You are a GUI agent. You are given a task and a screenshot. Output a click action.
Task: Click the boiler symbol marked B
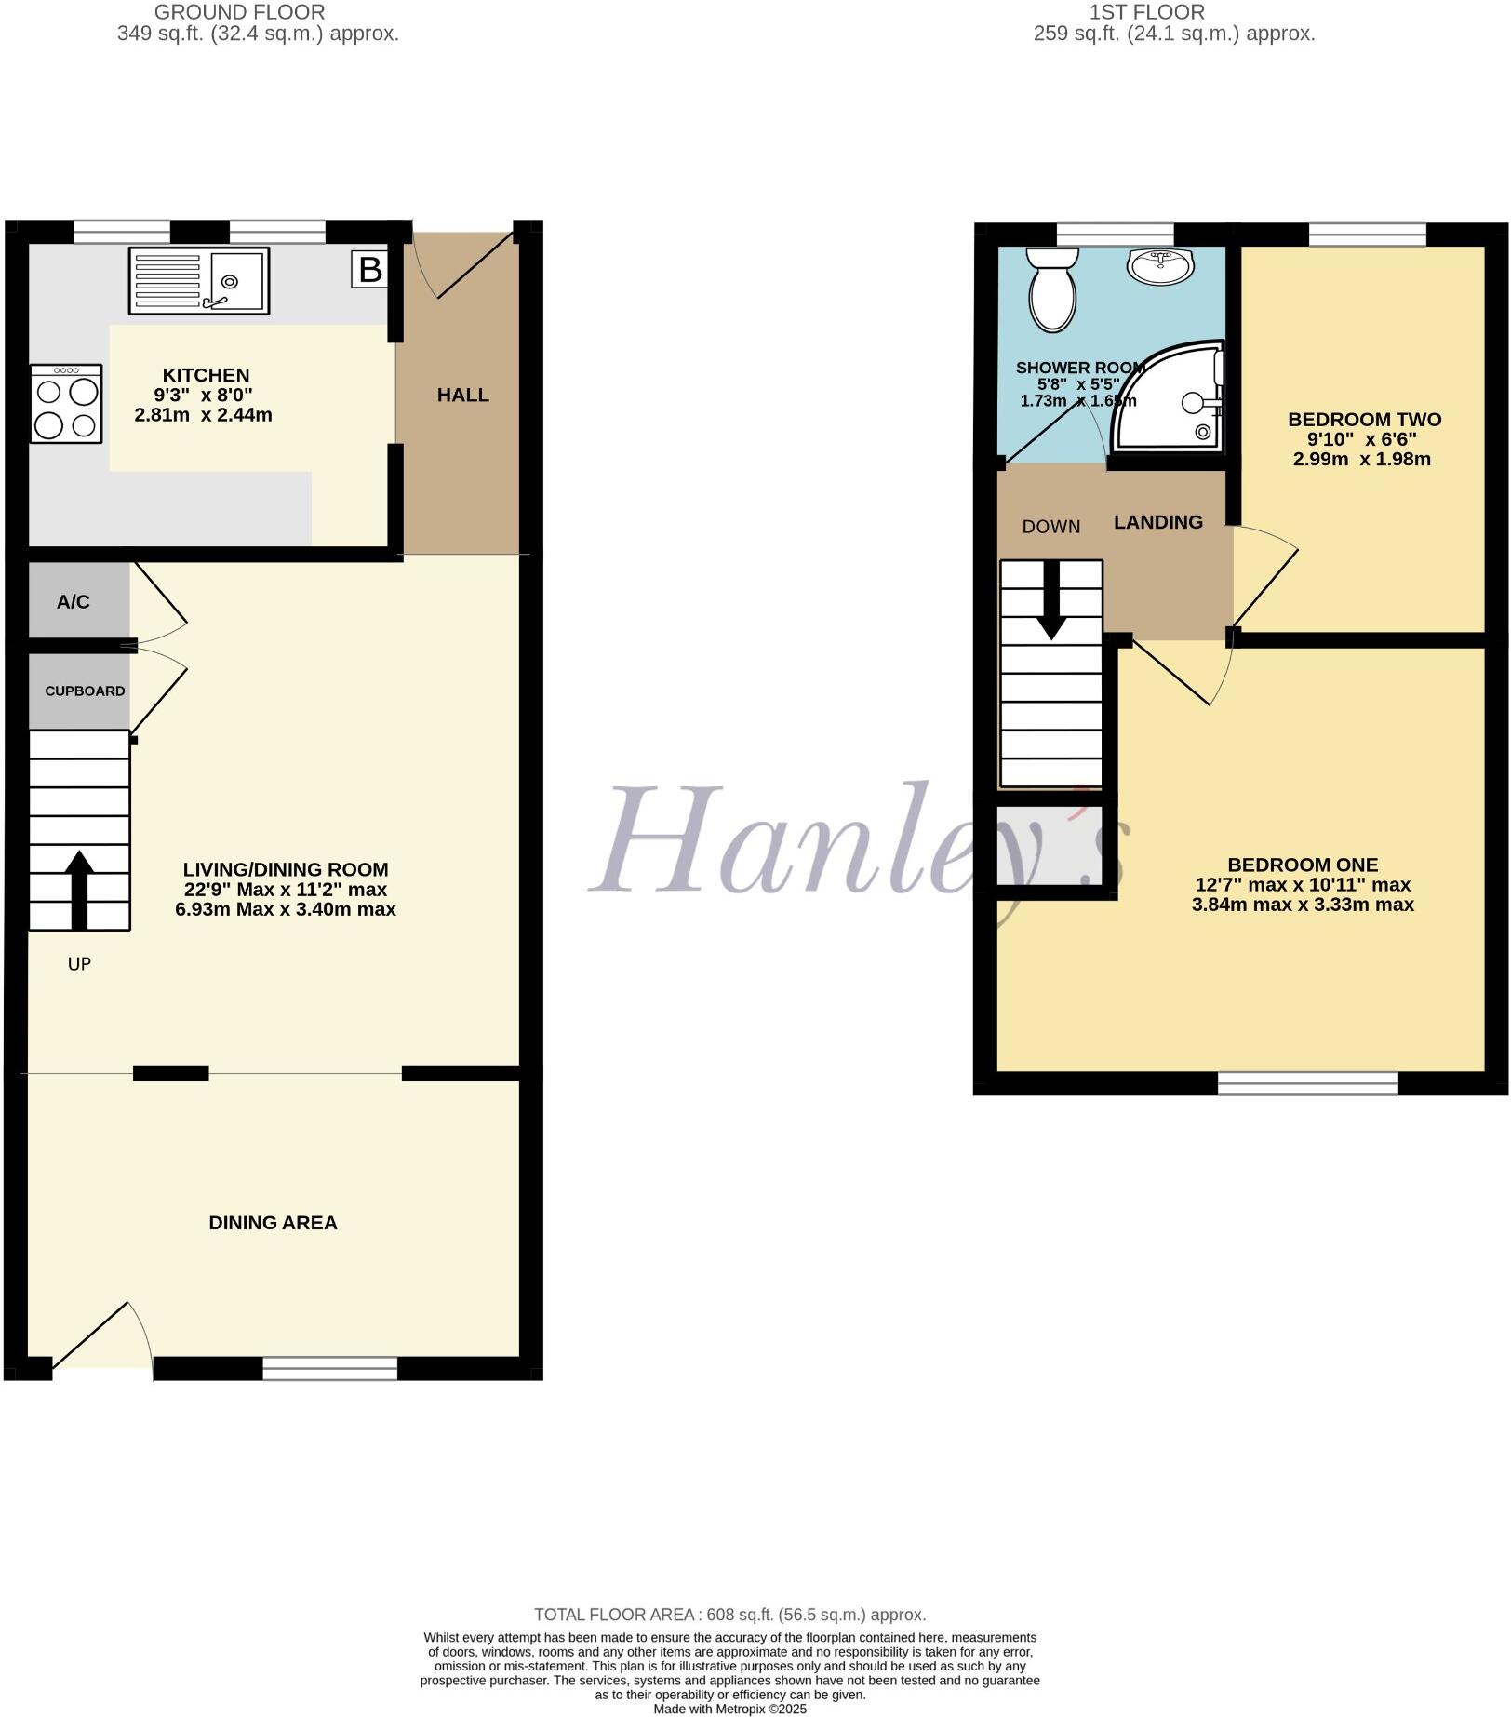pos(369,270)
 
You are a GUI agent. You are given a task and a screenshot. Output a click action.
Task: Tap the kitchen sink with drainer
pos(199,280)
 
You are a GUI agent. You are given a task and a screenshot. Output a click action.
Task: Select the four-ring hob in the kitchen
pos(66,403)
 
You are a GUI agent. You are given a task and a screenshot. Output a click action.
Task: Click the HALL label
pos(463,396)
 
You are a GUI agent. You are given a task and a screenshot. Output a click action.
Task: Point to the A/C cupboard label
pos(74,602)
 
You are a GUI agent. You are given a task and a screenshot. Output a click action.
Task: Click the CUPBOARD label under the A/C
pos(85,691)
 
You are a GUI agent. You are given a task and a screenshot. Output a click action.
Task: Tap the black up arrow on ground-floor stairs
pos(79,889)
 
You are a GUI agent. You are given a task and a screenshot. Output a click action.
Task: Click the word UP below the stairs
pos(79,964)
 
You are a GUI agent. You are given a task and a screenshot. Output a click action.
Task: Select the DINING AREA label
pos(273,1223)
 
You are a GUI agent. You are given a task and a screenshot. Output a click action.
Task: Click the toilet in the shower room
pos(1052,288)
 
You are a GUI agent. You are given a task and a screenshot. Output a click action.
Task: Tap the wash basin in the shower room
pos(1160,266)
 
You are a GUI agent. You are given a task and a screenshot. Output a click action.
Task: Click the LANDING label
pos(1158,523)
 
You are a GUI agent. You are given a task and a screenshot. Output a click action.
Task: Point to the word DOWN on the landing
pos(1051,527)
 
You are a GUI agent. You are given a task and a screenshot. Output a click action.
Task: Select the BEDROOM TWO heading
pos(1364,420)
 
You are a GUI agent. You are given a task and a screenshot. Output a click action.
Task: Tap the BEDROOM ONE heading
pos(1303,865)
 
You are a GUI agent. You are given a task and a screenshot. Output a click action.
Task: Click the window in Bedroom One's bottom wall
pos(1307,1082)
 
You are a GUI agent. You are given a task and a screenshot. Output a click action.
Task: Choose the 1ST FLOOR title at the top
pos(1146,12)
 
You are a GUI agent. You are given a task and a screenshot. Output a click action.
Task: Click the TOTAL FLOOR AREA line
pos(729,1615)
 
